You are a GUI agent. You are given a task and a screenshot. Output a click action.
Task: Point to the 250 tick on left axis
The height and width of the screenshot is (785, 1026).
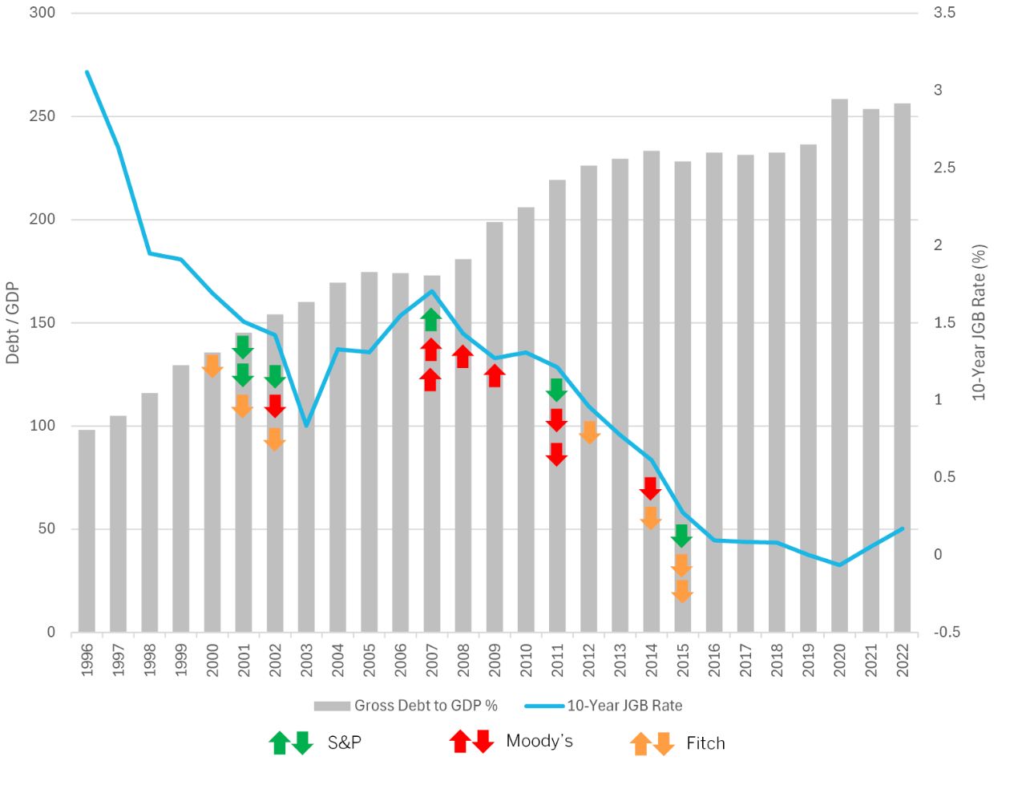tap(42, 116)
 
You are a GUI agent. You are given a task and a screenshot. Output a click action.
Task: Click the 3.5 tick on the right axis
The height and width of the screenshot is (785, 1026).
tap(944, 13)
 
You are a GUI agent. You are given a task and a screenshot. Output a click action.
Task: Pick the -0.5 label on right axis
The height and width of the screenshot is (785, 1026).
tap(946, 632)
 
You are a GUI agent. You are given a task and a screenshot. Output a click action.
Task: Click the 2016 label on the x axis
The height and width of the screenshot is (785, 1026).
tap(714, 660)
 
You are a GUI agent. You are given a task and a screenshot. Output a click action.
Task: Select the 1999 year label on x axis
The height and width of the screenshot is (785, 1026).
tap(181, 660)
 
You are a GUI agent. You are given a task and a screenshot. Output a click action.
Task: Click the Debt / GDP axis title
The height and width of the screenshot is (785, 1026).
tap(13, 322)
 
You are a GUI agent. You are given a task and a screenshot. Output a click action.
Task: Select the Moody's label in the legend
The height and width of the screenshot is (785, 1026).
tap(539, 741)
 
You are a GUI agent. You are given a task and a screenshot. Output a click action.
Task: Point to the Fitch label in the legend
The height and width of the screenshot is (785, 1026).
tap(705, 743)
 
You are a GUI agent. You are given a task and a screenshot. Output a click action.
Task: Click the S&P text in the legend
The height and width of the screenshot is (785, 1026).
tap(345, 743)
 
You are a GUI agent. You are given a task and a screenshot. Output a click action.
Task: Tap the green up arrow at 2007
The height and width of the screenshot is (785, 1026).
tap(431, 319)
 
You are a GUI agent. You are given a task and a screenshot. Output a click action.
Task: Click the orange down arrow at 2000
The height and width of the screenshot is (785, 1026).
tap(212, 366)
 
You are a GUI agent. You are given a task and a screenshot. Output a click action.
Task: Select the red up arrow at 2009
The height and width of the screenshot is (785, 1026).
tap(495, 375)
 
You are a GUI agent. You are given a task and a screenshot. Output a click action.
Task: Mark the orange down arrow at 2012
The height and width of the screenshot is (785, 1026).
tap(589, 432)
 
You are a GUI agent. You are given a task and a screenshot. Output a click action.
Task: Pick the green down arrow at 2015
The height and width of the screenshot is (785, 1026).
tap(682, 536)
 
